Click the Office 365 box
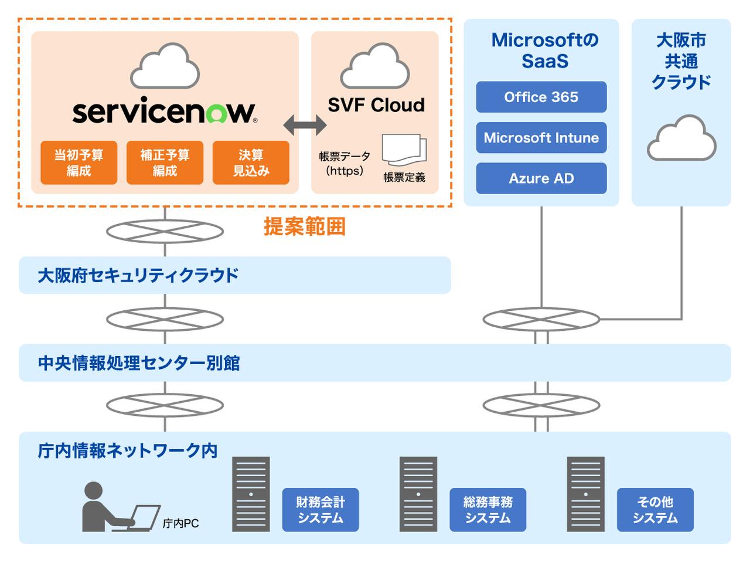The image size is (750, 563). (541, 97)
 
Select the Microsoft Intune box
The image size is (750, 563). (541, 138)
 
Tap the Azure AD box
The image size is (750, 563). (541, 178)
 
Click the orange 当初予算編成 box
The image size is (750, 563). (79, 162)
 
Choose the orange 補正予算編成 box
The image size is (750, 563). (165, 162)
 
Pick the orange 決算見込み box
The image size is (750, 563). (251, 162)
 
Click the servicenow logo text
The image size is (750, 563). (164, 111)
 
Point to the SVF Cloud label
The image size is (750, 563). (376, 105)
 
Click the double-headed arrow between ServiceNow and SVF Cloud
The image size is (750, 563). (305, 124)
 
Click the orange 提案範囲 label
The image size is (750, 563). (304, 226)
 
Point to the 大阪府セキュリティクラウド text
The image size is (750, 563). (138, 275)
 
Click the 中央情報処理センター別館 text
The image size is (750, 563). (139, 363)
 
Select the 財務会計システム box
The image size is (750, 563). (320, 510)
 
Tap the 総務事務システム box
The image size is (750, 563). (487, 510)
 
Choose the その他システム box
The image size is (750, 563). (655, 510)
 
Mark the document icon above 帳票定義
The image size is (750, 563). (404, 150)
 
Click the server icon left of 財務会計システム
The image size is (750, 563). (251, 494)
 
